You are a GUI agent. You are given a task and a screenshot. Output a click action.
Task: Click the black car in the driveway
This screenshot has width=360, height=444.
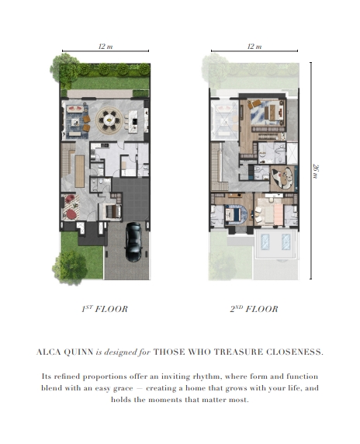(x=133, y=242)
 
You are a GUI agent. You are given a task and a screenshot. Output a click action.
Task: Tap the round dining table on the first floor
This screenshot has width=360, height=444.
(x=109, y=120)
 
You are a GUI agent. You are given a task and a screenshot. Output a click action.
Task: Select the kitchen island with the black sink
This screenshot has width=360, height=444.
(x=133, y=121)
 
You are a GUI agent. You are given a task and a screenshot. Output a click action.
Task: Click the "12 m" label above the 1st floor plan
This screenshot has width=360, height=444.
(x=106, y=46)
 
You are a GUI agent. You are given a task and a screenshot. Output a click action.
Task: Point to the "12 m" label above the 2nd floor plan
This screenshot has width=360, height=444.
(x=254, y=46)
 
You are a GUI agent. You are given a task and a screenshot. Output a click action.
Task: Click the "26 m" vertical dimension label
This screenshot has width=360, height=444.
(x=316, y=171)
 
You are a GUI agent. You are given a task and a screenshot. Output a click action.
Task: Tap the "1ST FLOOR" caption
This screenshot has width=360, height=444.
(x=105, y=309)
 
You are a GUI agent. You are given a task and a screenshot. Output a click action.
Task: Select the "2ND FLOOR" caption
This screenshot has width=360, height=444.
(x=254, y=309)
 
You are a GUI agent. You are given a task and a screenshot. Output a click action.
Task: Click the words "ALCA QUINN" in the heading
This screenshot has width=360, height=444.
(x=65, y=352)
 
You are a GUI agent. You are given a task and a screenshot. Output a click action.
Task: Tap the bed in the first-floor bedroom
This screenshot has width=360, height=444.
(x=113, y=211)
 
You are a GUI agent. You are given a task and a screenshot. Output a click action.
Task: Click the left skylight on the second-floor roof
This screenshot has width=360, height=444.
(x=265, y=241)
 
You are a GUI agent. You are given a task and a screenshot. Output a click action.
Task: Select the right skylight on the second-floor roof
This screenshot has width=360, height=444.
(x=286, y=241)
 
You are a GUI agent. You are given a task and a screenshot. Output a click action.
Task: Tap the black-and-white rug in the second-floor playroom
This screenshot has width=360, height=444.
(x=282, y=178)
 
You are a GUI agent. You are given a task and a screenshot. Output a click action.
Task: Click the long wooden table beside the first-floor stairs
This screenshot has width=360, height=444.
(x=80, y=171)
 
